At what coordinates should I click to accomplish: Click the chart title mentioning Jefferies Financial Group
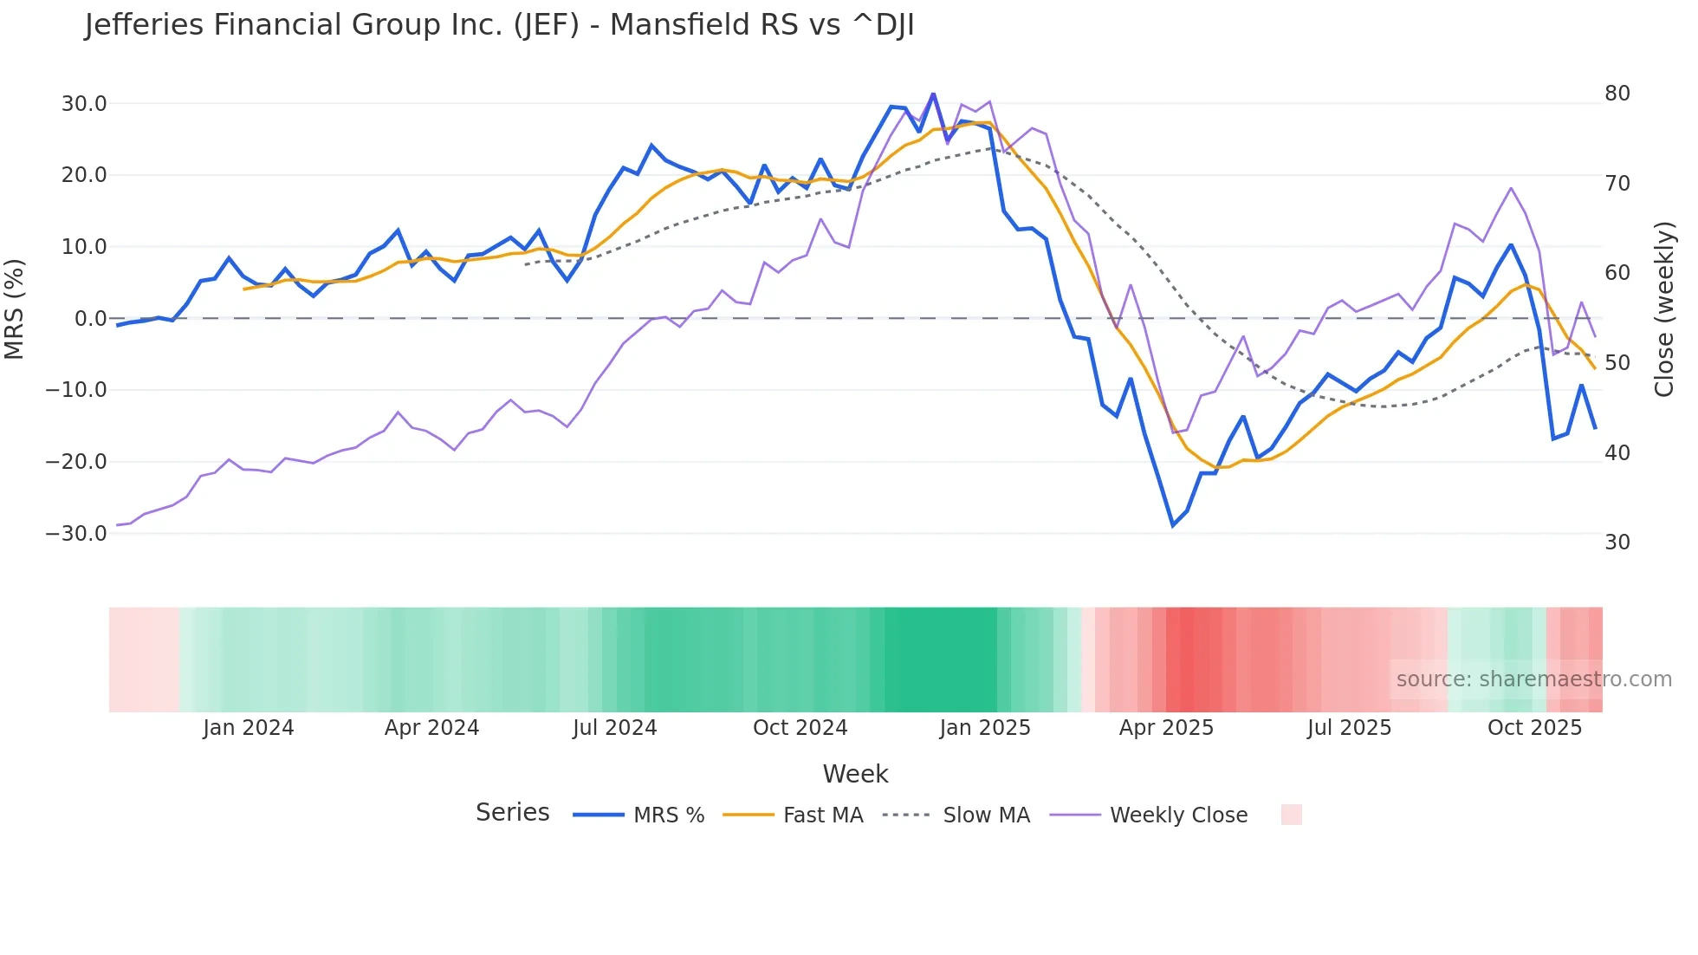(x=499, y=25)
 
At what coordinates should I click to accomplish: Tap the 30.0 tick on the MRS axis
(x=84, y=104)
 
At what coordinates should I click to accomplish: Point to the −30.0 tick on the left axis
(x=76, y=534)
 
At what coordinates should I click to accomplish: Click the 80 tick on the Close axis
(x=1617, y=94)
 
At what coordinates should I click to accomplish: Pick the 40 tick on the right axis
(x=1617, y=452)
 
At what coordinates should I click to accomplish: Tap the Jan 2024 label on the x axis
(x=249, y=728)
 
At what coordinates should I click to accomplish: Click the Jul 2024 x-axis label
(x=615, y=728)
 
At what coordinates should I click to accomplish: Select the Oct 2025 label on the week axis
(x=1534, y=728)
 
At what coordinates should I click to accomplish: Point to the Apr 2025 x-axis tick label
(x=1166, y=728)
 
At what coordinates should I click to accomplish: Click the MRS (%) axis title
(x=15, y=309)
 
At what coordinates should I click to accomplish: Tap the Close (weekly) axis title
(x=1664, y=309)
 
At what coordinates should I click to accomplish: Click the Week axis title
(x=855, y=774)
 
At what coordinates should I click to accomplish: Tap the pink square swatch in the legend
(x=1292, y=815)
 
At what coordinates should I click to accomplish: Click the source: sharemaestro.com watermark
(x=1533, y=679)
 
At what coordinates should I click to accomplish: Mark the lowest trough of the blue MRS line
(x=1173, y=525)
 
